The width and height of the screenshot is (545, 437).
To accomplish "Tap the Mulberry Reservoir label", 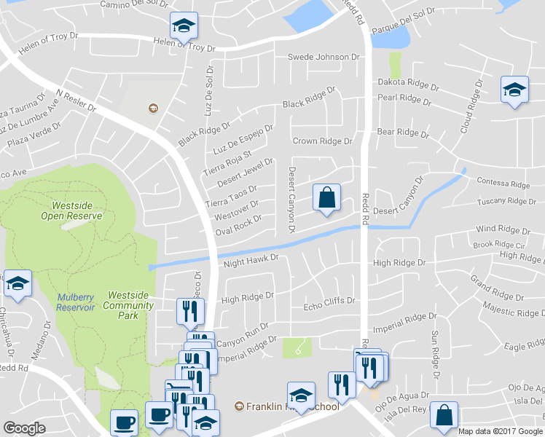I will click(76, 302).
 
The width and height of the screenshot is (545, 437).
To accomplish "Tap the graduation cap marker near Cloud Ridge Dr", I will click(514, 90).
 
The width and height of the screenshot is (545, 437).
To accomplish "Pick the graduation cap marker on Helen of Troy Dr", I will click(184, 26).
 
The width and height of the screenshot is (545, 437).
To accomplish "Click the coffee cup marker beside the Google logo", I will click(123, 422).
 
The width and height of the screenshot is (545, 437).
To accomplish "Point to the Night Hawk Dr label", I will click(251, 260).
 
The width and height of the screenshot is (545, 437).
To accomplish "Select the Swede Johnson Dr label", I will click(324, 57).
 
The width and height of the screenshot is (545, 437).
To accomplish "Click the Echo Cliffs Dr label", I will click(329, 300).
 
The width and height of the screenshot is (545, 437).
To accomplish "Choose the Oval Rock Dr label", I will click(238, 225).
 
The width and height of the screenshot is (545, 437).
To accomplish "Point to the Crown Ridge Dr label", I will click(322, 141).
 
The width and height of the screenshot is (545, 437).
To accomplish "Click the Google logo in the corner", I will click(24, 428).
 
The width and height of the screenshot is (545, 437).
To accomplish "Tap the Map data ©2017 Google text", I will click(501, 431).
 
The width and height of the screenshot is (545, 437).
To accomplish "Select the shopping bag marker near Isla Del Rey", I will click(444, 416).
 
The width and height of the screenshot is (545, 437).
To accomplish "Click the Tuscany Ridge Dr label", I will click(506, 201).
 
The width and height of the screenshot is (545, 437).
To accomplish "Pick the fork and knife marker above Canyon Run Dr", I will click(190, 312).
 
